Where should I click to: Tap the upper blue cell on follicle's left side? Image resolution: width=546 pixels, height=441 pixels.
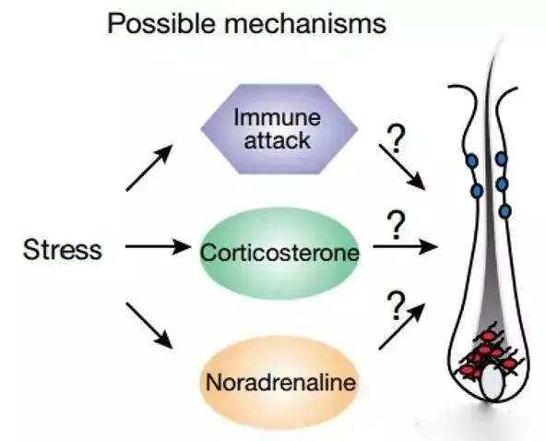(x=473, y=161)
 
